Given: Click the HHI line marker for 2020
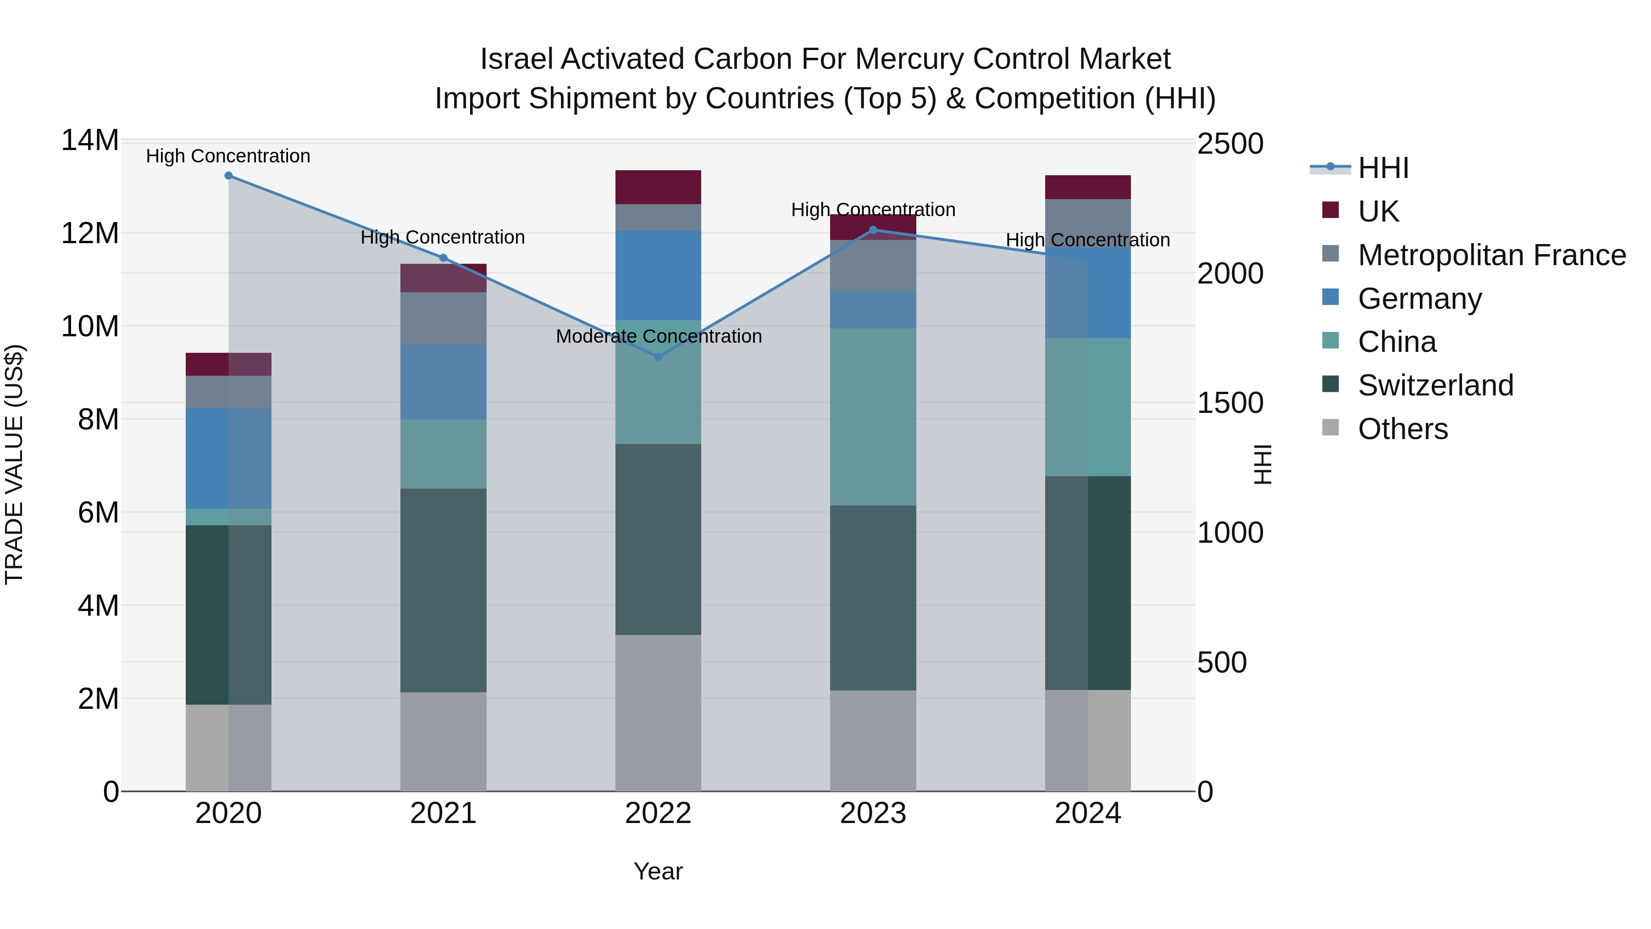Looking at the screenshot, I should tap(228, 176).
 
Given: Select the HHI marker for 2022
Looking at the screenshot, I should tap(658, 356).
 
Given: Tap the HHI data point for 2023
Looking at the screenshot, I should tap(873, 229).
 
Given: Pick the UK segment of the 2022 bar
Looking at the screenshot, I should tap(658, 187).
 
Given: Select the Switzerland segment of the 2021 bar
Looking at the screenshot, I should tap(443, 590).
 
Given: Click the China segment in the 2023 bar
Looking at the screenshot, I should tap(873, 417).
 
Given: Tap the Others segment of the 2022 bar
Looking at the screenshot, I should tap(658, 712).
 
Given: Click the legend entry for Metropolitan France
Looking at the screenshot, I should tap(1491, 255).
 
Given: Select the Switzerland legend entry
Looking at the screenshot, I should tap(1435, 385).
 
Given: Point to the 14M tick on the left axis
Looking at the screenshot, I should tap(90, 140).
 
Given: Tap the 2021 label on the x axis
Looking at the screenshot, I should tap(443, 813).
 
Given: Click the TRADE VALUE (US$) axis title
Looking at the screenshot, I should tap(14, 465).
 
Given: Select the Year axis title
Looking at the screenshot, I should tap(658, 871).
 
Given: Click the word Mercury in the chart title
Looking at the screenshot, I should tap(910, 59).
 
